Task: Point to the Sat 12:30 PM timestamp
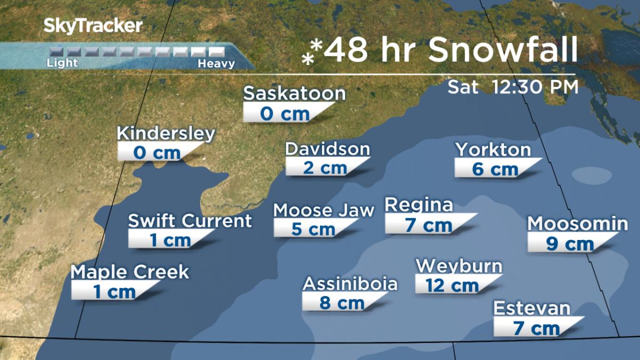(513, 86)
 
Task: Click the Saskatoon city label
(294, 94)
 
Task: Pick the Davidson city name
(327, 149)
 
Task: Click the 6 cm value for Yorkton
(495, 169)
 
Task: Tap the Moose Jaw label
(324, 210)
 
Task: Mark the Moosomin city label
(578, 223)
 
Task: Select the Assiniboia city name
(350, 283)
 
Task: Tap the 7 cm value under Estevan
(536, 328)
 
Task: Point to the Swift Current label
(190, 220)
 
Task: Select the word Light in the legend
(62, 63)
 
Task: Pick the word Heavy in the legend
(216, 63)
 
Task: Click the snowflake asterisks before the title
(313, 52)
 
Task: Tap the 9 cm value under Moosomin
(570, 244)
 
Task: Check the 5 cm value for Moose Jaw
(313, 229)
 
